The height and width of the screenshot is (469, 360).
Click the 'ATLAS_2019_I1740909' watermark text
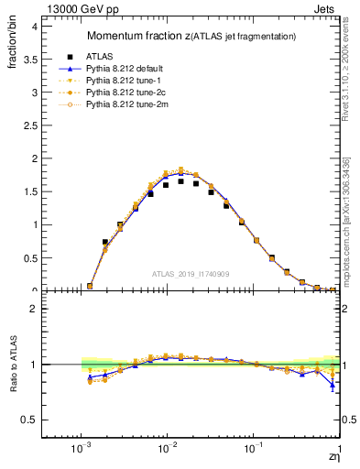point(191,274)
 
